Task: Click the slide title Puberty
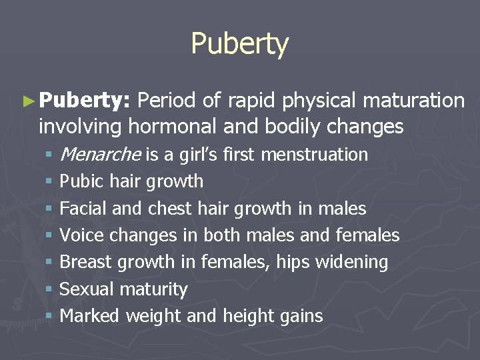pyautogui.click(x=239, y=44)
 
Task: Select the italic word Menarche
pyautogui.click(x=100, y=155)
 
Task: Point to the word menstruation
pyautogui.click(x=315, y=155)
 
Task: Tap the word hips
pyautogui.click(x=294, y=263)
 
